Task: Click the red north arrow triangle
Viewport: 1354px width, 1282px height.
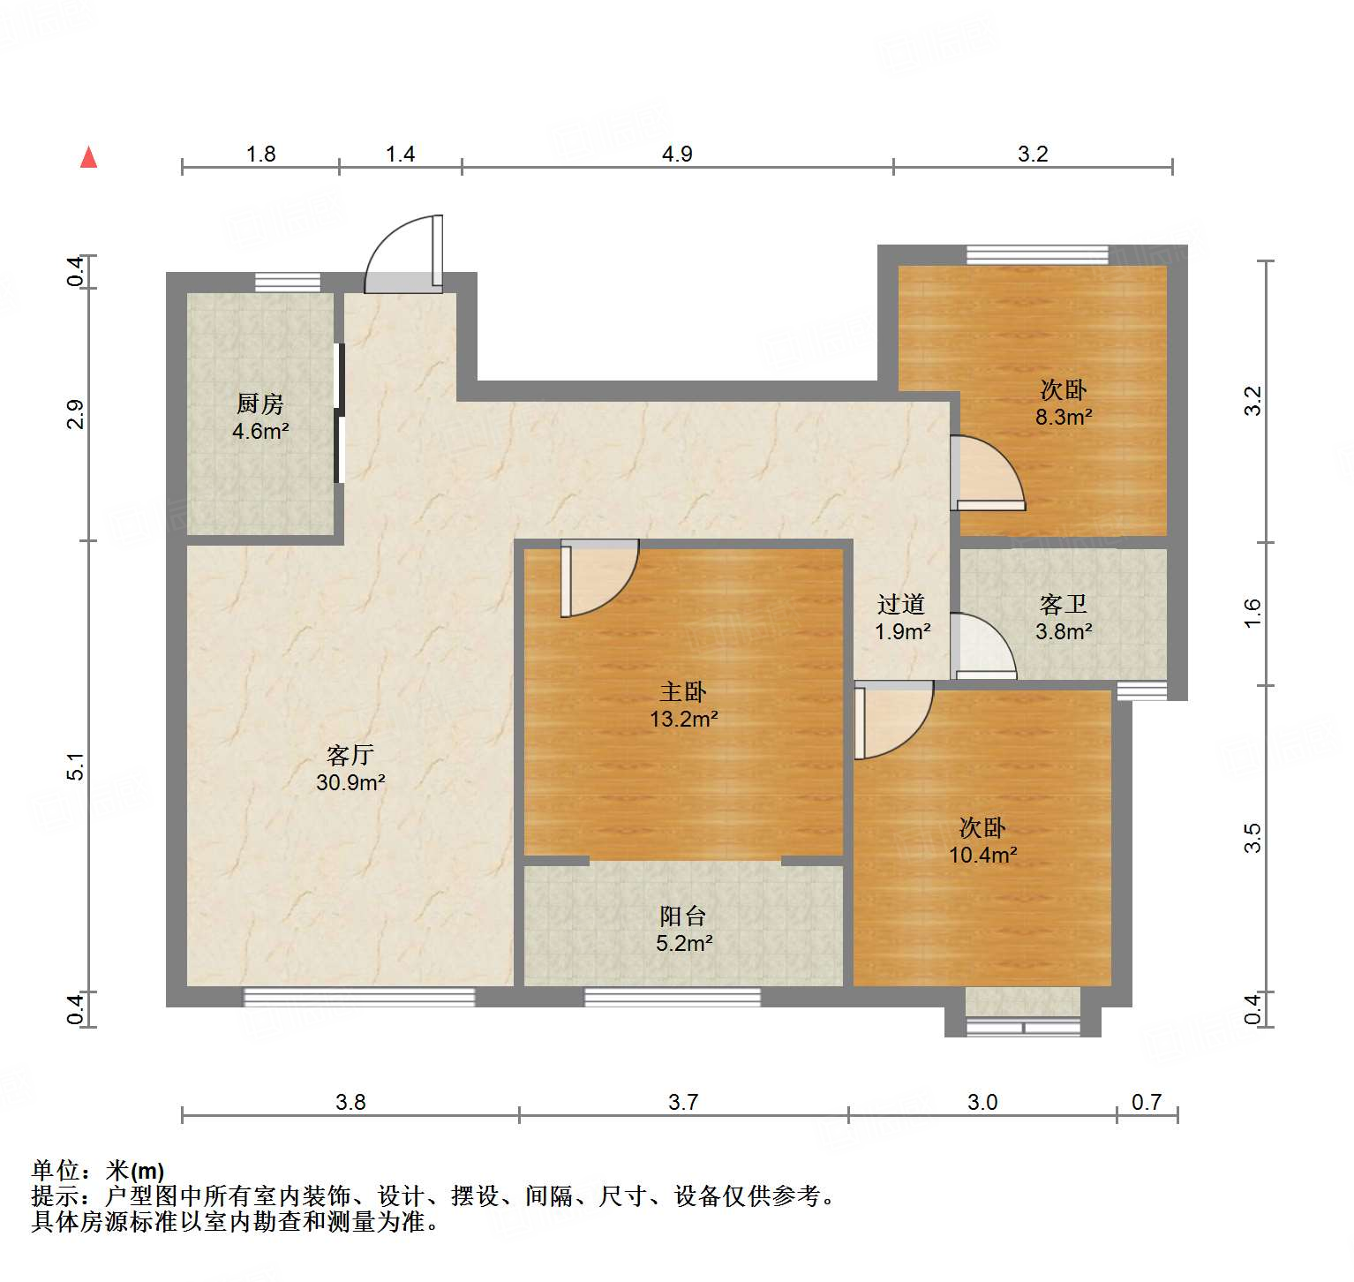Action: point(88,157)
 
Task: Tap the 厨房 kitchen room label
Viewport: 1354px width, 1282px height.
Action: point(260,404)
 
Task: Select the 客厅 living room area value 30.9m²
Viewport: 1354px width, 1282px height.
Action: point(350,782)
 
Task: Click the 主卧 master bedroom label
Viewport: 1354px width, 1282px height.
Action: point(683,692)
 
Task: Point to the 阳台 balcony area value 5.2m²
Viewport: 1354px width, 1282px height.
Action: point(684,944)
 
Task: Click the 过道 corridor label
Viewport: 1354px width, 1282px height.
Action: point(901,605)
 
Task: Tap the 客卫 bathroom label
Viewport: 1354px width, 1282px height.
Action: point(1064,605)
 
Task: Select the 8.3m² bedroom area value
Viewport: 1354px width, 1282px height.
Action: point(1064,417)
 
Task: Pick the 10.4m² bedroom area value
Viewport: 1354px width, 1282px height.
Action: point(982,855)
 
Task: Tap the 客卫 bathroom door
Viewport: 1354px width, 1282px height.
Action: point(982,646)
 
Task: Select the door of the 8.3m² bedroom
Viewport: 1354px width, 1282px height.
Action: point(986,473)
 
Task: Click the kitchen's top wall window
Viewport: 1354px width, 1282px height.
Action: point(288,283)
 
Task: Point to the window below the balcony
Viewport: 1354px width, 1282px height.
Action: point(673,998)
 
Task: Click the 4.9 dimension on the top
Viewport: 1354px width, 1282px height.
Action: point(677,155)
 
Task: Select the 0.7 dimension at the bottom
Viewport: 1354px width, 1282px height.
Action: point(1146,1102)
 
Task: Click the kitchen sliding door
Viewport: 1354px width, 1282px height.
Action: point(339,413)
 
